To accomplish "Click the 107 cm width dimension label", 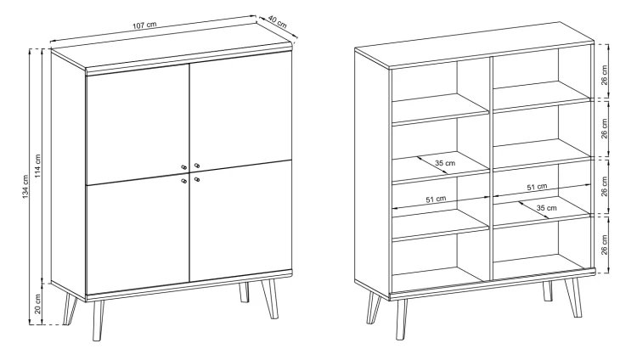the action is [144, 25].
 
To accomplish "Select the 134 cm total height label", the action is [25, 187].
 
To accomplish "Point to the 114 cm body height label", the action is [37, 166].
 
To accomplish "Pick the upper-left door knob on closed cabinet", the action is [184, 166].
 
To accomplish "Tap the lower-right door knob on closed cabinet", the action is [197, 179].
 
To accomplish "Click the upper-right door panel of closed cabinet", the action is [240, 110].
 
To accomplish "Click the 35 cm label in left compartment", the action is [445, 163].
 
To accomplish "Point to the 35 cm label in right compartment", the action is [546, 208].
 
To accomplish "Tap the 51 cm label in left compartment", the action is [436, 200].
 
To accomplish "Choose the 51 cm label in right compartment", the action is [537, 187].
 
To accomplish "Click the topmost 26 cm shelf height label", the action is [605, 75].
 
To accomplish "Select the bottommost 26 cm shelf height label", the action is [605, 245].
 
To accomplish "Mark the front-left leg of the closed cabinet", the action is [98, 321].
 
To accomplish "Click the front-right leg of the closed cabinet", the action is [269, 299].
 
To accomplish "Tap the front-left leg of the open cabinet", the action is [402, 320].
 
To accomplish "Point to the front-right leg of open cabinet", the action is [573, 297].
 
